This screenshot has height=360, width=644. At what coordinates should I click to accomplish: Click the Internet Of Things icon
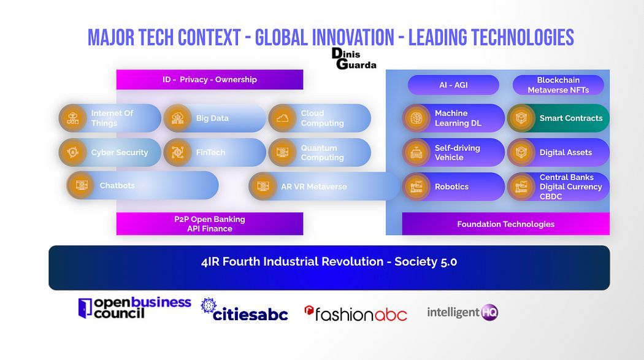(73, 118)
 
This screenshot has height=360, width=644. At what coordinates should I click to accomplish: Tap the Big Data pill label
(212, 118)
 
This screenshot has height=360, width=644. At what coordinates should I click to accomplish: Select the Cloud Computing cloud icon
(283, 118)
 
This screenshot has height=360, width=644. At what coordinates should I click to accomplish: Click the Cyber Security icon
(73, 152)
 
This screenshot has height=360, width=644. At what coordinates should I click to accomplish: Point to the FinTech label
(210, 152)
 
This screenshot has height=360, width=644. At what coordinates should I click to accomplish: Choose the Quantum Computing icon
(283, 152)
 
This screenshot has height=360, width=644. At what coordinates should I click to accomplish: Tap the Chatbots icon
(81, 186)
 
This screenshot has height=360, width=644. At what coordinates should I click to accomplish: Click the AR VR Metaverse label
(314, 187)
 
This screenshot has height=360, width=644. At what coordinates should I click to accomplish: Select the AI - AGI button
(453, 85)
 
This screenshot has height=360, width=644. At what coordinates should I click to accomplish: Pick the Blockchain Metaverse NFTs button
(558, 85)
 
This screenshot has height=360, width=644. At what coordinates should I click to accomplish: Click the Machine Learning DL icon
(416, 118)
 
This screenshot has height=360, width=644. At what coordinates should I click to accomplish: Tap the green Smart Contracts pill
(558, 118)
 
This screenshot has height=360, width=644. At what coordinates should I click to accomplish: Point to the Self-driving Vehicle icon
(416, 152)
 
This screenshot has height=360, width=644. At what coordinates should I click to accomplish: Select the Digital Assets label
(565, 152)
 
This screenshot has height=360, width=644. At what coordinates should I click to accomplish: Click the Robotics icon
(416, 187)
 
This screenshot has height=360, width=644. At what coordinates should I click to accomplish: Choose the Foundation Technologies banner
(505, 224)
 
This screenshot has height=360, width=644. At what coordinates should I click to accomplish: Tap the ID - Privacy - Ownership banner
(210, 80)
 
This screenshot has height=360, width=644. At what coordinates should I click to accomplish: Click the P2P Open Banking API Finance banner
(210, 224)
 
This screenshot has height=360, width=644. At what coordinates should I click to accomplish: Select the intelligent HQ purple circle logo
(489, 312)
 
